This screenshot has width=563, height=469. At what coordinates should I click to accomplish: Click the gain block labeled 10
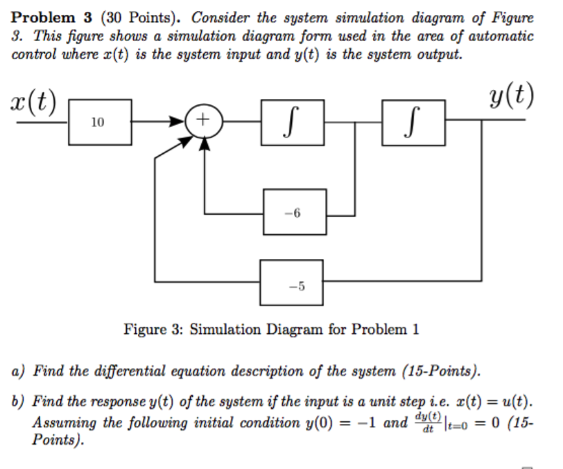click(x=98, y=123)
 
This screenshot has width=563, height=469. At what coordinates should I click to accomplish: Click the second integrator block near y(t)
click(x=414, y=123)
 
